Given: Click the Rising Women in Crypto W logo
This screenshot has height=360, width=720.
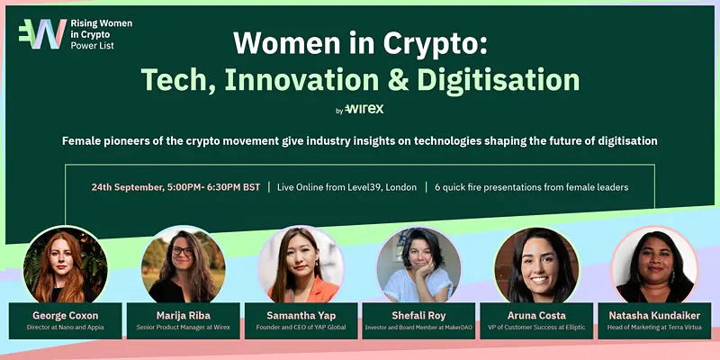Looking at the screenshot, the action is [42, 34].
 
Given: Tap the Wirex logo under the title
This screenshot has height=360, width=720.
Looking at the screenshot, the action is [364, 109].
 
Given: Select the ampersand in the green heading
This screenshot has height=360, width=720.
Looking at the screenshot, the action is [398, 80].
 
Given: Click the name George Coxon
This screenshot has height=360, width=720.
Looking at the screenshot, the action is [65, 316].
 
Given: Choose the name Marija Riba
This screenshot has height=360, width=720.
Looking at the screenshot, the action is [184, 316].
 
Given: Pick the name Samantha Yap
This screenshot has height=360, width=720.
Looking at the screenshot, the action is [301, 316].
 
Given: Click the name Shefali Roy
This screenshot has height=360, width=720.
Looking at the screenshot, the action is [418, 316].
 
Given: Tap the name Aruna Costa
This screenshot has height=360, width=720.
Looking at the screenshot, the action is [536, 316].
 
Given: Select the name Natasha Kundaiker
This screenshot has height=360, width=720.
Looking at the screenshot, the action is [654, 316].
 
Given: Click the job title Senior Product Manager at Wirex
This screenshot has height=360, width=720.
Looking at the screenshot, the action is [184, 328].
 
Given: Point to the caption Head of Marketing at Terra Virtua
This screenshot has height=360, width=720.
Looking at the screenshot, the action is [654, 328].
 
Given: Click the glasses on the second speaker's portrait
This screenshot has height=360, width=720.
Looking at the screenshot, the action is [183, 251].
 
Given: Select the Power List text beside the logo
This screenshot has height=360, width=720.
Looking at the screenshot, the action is [93, 45].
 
